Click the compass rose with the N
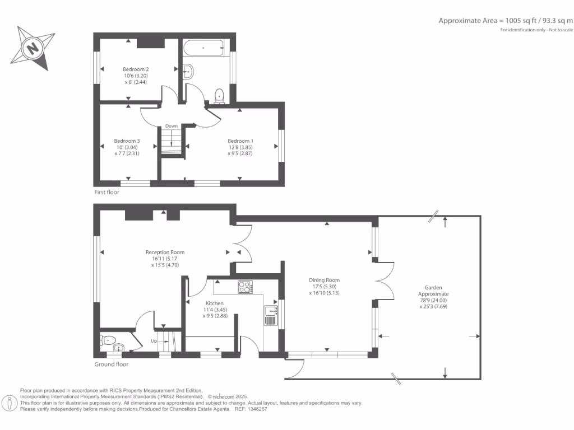point(33,48)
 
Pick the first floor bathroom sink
point(189,71)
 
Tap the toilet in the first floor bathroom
point(219,95)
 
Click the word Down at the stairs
point(172,126)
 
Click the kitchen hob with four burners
point(245,287)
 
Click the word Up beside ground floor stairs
point(154,341)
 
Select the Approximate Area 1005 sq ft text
point(505,20)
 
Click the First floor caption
point(107,192)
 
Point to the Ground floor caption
point(111,364)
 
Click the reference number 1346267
point(257,409)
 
